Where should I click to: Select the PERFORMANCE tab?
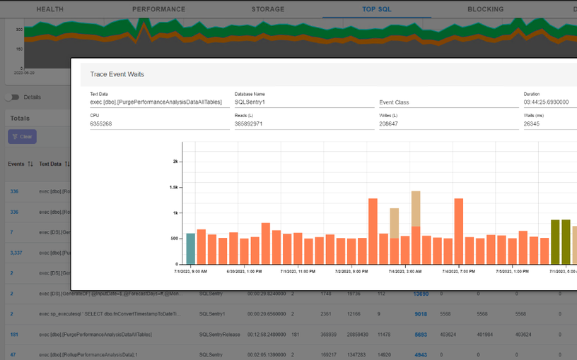coord(158,9)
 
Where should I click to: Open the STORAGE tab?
coord(268,9)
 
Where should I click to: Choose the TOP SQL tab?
coord(376,9)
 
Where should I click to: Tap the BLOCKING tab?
coord(485,9)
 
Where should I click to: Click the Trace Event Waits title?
coord(117,74)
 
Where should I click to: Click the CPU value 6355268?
coord(102,124)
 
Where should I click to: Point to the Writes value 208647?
coord(393,124)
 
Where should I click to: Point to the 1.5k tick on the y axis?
coord(173,187)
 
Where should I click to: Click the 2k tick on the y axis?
coord(175,161)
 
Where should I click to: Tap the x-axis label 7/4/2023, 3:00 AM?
coord(405,270)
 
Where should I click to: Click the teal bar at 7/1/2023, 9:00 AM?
coord(190,248)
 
